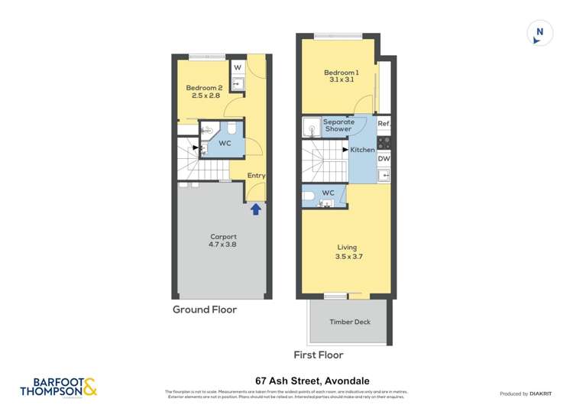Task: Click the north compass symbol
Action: [539, 33]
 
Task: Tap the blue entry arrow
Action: [256, 208]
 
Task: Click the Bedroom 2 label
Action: [204, 92]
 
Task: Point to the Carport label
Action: [223, 241]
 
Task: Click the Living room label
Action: [348, 251]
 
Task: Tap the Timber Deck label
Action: [349, 322]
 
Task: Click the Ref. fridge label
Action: [384, 125]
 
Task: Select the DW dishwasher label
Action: [384, 159]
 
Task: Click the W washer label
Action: [238, 68]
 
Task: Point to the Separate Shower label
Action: [338, 125]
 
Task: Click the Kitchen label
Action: [362, 150]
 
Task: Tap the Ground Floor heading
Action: [204, 309]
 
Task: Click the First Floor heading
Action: [319, 355]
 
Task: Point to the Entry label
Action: [256, 176]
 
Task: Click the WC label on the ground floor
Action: [225, 143]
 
